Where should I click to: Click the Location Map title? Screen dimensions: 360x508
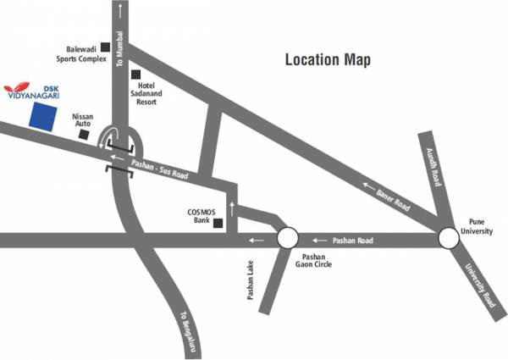(328, 60)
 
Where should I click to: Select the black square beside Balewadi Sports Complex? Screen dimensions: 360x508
(105, 47)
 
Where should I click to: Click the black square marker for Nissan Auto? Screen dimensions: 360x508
(82, 136)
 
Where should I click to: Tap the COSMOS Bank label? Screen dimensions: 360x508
(196, 218)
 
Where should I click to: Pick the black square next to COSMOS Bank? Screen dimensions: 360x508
(218, 224)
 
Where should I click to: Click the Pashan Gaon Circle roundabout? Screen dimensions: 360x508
(287, 240)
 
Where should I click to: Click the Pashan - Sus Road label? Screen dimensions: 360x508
(161, 169)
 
